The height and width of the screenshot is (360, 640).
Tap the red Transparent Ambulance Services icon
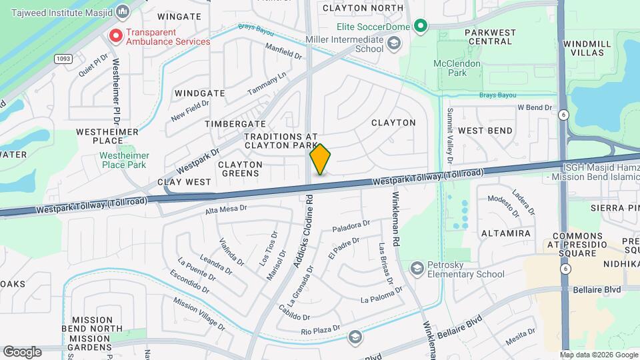point(116,35)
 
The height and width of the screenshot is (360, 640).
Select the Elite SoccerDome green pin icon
point(420,27)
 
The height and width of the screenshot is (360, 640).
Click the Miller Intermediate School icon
point(394,44)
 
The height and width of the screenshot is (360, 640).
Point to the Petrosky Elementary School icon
point(417,268)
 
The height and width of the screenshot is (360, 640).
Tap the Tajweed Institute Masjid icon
point(123,11)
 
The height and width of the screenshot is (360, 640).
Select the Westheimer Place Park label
point(124,160)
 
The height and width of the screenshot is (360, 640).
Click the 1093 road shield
point(63,59)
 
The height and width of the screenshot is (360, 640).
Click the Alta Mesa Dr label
point(226,209)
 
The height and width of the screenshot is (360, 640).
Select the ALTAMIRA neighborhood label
point(506,233)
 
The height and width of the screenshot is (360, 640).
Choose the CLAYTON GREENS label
point(239,169)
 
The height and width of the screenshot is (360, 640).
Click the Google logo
point(22,351)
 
